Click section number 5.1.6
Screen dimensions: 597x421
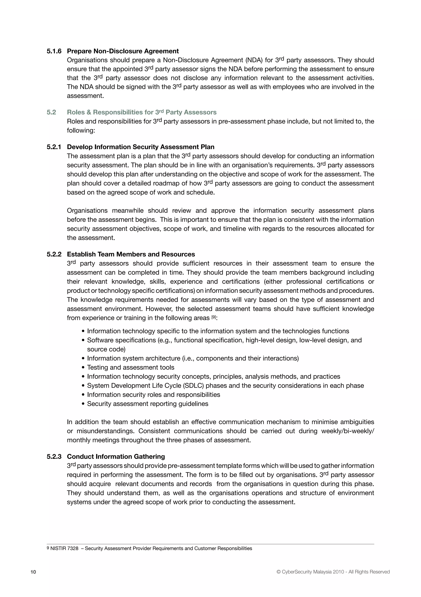54,51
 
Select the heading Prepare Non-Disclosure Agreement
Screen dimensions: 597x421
123,51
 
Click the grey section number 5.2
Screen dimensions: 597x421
51,112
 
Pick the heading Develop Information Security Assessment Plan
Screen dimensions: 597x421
141,147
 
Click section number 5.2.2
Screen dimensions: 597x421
54,254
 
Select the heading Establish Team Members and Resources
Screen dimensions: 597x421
131,254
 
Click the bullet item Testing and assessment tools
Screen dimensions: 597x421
131,367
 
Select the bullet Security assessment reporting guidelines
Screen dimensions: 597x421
148,404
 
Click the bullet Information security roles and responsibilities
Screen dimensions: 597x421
153,395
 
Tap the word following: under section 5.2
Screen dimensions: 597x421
81,130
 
